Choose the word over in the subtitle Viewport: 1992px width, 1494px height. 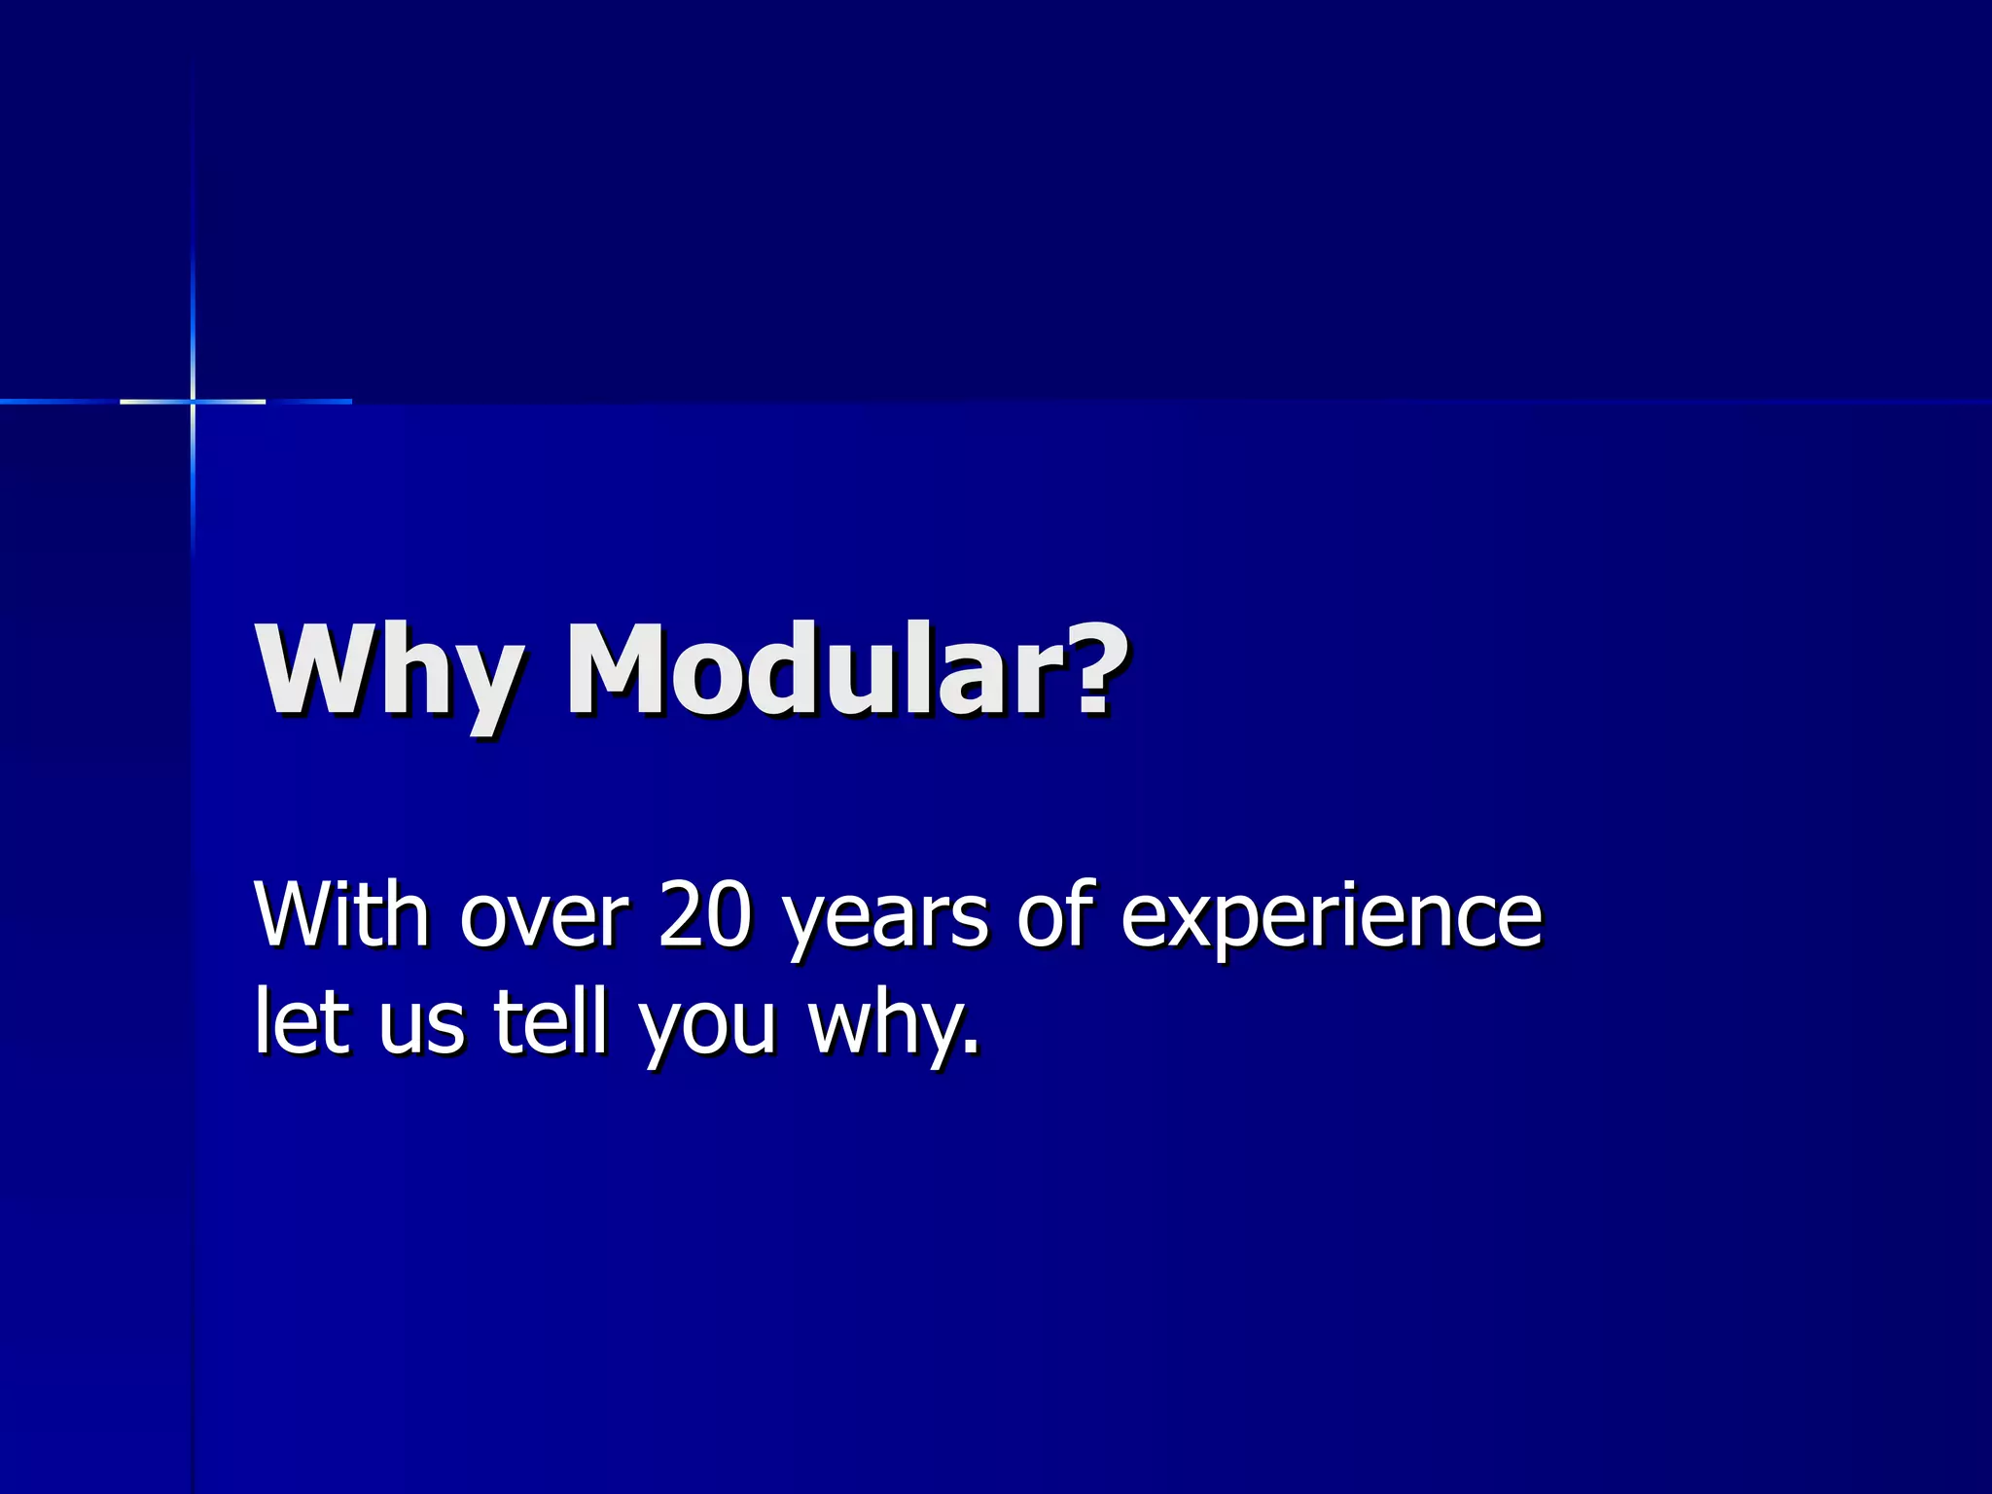(545, 919)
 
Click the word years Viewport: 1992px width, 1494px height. (885, 922)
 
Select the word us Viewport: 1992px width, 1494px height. (421, 1029)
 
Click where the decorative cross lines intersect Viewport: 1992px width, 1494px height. (193, 401)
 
